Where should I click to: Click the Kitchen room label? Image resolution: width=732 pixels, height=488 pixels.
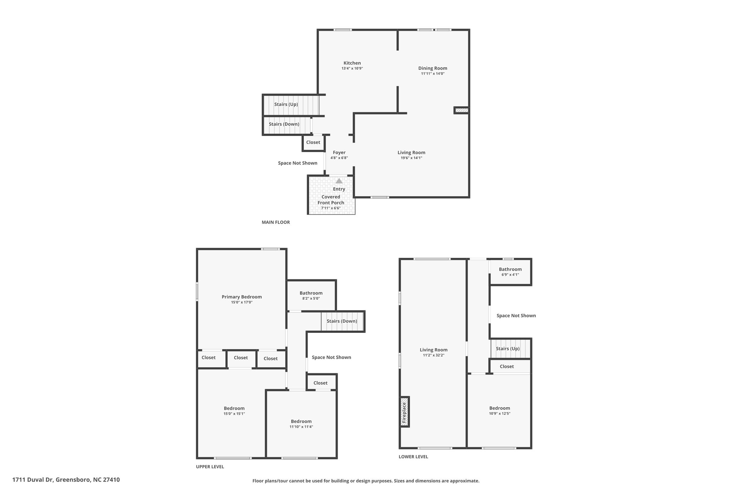352,63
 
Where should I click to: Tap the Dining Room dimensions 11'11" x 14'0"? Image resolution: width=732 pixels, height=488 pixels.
432,74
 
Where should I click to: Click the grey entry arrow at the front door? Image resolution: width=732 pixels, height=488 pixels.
339,181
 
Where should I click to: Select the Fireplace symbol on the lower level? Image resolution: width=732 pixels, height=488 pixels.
405,412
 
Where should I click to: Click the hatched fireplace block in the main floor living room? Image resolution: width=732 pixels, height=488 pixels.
461,110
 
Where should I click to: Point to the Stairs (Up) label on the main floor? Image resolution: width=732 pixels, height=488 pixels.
286,104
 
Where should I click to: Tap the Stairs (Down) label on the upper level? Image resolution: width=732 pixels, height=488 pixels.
342,321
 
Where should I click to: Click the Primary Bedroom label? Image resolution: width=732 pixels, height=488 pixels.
242,297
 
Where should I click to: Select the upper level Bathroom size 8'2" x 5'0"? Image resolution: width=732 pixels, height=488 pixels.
311,299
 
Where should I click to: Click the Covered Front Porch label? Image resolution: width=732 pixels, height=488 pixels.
331,200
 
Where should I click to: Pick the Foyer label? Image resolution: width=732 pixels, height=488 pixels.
339,153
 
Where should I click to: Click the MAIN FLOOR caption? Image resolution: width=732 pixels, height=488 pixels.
276,222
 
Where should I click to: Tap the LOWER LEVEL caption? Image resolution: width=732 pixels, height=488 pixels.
413,457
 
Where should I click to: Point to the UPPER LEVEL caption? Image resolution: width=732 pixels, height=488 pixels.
210,467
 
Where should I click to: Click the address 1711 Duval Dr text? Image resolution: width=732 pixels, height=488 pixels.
33,480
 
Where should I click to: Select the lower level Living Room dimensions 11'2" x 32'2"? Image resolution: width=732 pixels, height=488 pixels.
434,355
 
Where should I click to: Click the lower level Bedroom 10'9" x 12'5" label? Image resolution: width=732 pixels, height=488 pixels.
500,410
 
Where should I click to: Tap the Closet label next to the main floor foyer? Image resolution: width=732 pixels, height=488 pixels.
313,142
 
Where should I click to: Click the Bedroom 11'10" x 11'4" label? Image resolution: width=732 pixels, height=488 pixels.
301,424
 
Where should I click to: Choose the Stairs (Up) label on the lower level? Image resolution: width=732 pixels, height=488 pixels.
508,349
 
